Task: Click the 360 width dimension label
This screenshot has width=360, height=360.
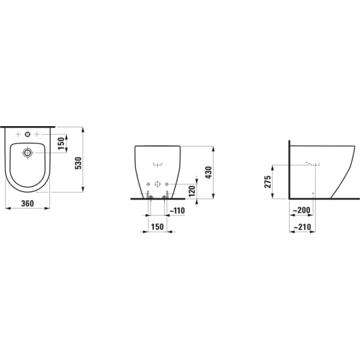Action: [x=27, y=203]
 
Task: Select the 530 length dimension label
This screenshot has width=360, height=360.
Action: [x=79, y=163]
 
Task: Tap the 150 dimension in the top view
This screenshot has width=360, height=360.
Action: [x=61, y=143]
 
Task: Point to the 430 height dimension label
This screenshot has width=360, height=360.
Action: [x=209, y=172]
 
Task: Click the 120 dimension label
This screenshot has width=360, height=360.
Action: [x=191, y=191]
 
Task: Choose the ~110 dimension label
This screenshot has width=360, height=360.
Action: [x=177, y=210]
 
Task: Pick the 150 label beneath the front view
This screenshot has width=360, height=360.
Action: [x=157, y=227]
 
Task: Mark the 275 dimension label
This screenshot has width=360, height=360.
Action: [x=267, y=182]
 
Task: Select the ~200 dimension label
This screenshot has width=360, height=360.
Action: [x=302, y=210]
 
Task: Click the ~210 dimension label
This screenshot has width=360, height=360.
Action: [x=302, y=227]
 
